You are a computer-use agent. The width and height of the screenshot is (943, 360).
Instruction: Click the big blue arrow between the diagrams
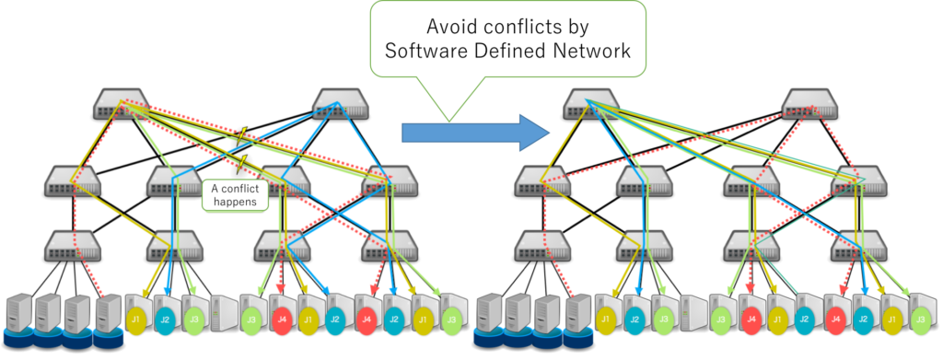coord(475,133)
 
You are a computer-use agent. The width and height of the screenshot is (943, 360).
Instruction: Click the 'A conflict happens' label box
coord(235,195)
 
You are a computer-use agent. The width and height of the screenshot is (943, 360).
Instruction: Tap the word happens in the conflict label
coord(235,203)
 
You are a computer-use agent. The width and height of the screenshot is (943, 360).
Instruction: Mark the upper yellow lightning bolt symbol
coord(242,137)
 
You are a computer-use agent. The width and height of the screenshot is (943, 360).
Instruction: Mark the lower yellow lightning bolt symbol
coord(243,162)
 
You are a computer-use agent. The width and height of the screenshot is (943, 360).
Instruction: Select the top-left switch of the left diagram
coord(121,103)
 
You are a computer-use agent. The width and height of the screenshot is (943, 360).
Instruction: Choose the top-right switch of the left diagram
coord(341,103)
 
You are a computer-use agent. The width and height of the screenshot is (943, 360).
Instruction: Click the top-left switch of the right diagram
coord(590,103)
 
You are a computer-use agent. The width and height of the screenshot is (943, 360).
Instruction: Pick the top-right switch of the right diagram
coord(810,103)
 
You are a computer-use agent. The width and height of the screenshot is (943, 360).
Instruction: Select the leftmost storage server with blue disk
coord(19,319)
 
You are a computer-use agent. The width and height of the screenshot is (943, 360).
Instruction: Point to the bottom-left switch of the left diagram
coord(73,246)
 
